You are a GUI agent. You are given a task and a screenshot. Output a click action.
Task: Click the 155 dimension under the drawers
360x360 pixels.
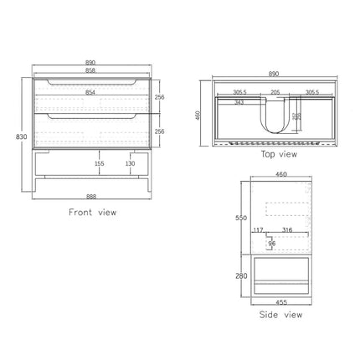[99, 165]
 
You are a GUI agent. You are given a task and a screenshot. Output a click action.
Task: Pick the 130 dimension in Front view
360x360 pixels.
[131, 165]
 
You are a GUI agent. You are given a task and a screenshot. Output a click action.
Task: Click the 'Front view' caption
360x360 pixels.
[92, 213]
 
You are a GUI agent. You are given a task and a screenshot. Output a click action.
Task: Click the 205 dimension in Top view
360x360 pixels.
[275, 94]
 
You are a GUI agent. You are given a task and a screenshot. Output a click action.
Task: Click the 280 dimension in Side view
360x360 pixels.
[241, 275]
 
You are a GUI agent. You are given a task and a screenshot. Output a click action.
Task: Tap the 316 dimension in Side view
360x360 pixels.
[287, 231]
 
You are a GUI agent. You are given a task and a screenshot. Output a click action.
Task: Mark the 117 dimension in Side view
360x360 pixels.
[259, 231]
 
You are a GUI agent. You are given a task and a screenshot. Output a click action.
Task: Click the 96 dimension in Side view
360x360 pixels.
[272, 244]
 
